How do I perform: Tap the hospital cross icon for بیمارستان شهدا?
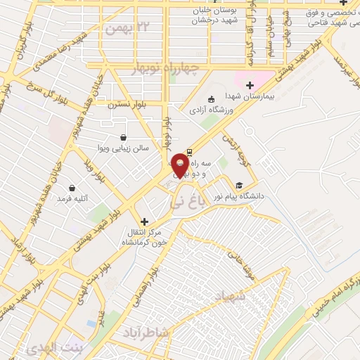click(250, 84)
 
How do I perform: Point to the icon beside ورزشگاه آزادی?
click(212, 99)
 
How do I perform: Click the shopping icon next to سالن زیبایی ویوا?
click(124, 137)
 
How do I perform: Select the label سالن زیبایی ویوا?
click(121, 148)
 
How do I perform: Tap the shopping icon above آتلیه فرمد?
click(73, 187)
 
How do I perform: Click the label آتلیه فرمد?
click(72, 198)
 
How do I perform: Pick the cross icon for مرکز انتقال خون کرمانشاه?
click(143, 220)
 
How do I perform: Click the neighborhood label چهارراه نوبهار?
click(166, 67)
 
